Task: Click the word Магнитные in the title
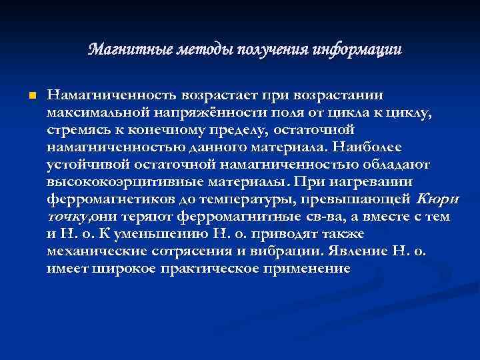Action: tap(128, 50)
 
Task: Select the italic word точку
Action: tap(65, 216)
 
